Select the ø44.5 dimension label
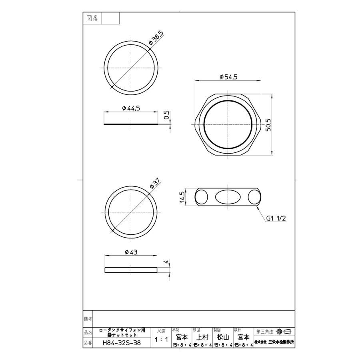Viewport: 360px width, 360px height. pyautogui.click(x=131, y=108)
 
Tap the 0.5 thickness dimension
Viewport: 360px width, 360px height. pyautogui.click(x=167, y=116)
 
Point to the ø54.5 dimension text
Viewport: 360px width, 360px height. pyautogui.click(x=228, y=77)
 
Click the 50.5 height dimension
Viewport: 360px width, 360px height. pyautogui.click(x=268, y=125)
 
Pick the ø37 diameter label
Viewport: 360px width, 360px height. pyautogui.click(x=155, y=184)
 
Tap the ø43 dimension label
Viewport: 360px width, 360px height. pyautogui.click(x=131, y=252)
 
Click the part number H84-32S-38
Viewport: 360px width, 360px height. pyautogui.click(x=122, y=343)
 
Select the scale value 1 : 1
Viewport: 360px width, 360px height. pyautogui.click(x=161, y=340)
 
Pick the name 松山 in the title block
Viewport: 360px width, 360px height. pyautogui.click(x=223, y=337)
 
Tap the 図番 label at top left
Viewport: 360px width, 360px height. pyautogui.click(x=92, y=18)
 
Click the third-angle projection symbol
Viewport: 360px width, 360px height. pyautogui.click(x=283, y=332)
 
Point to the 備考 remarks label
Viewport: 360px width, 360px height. pyautogui.click(x=88, y=319)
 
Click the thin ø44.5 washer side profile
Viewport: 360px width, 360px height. pyautogui.click(x=131, y=124)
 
